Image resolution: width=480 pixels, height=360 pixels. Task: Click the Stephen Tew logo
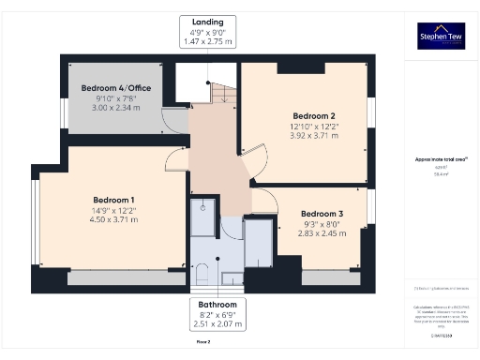click(440, 36)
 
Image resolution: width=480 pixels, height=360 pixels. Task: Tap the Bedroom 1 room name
click(113, 200)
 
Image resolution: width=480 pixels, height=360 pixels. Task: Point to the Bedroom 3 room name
click(322, 214)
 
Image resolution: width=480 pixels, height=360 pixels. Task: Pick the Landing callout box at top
click(207, 31)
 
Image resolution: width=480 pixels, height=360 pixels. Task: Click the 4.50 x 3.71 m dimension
click(113, 221)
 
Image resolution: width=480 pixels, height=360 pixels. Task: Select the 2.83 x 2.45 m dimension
click(322, 234)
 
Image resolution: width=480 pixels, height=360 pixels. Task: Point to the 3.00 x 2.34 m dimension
click(117, 108)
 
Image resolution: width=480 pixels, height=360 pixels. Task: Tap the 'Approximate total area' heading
click(440, 159)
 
